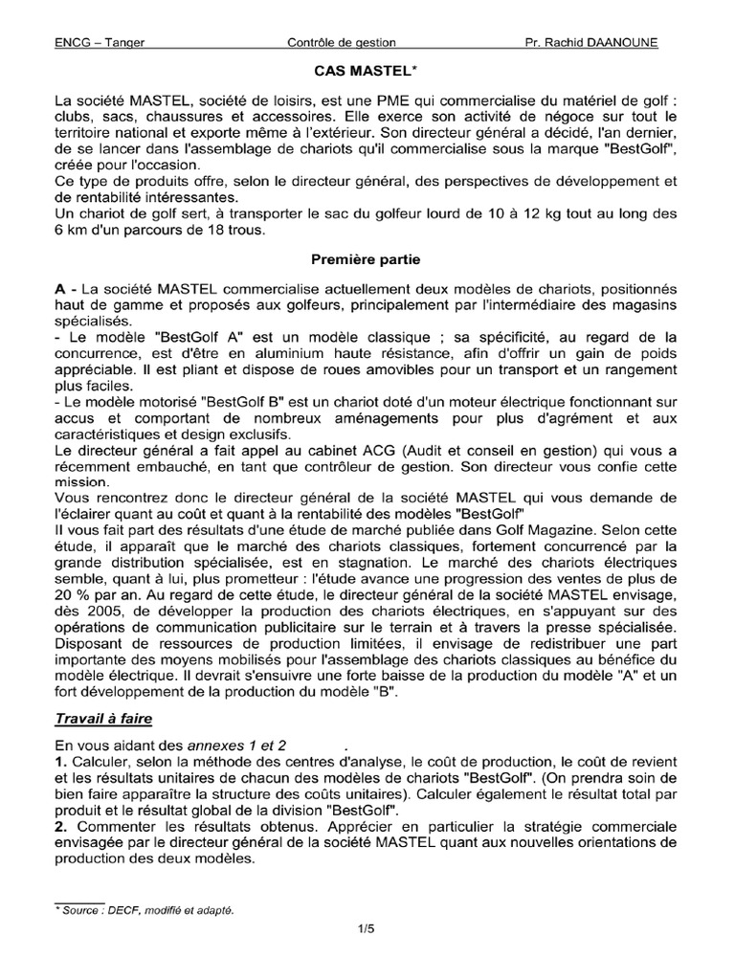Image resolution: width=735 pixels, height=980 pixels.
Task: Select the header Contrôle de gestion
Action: [x=342, y=42]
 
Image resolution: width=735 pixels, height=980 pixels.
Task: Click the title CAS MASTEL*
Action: [x=367, y=71]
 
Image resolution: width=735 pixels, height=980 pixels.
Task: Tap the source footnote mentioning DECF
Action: [x=144, y=910]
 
